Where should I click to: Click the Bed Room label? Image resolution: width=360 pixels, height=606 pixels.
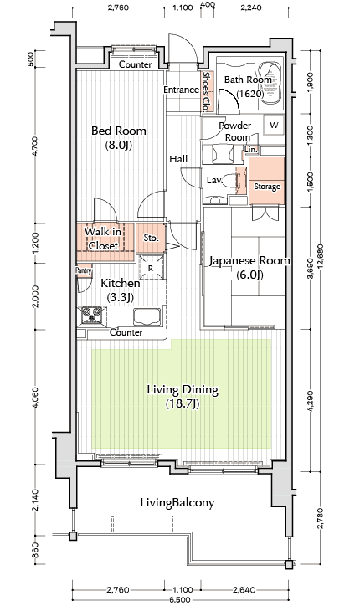tap(119, 131)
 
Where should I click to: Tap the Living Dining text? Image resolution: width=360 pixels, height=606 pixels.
tap(183, 389)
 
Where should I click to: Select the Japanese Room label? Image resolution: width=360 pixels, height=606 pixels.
tap(249, 260)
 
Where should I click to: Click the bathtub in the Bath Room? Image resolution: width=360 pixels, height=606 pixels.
tap(271, 83)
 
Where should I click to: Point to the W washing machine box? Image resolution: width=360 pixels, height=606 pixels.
tap(274, 126)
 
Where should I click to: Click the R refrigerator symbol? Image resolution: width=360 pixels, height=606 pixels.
tap(152, 268)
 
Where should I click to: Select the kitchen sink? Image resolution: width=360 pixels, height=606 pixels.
tap(147, 316)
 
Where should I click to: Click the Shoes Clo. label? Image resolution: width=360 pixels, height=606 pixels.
tap(206, 92)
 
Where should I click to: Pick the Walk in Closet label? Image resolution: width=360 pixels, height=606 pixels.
tap(103, 239)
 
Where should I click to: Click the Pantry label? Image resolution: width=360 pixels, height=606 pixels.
tap(83, 270)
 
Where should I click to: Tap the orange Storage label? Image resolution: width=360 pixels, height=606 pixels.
tap(267, 187)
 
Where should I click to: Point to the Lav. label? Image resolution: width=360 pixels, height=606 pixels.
tap(214, 180)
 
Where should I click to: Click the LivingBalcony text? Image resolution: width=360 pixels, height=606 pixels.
tap(177, 503)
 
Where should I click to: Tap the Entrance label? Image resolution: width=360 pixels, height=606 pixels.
tap(181, 90)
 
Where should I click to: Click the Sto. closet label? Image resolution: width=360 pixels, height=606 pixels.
tap(152, 238)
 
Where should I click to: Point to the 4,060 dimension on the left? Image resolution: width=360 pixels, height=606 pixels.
tap(35, 398)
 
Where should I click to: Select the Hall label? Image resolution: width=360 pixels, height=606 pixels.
tap(178, 159)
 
